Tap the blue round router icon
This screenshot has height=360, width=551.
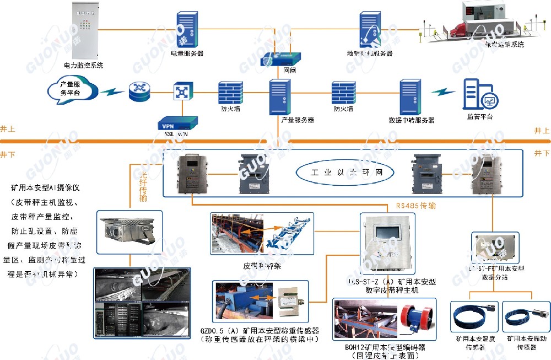139,92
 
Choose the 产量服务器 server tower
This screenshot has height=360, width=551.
280,97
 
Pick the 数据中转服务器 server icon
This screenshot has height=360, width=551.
410,97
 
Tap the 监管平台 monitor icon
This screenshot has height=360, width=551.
479,95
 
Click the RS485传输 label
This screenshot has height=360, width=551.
415,206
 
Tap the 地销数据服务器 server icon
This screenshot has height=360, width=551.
369,29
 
